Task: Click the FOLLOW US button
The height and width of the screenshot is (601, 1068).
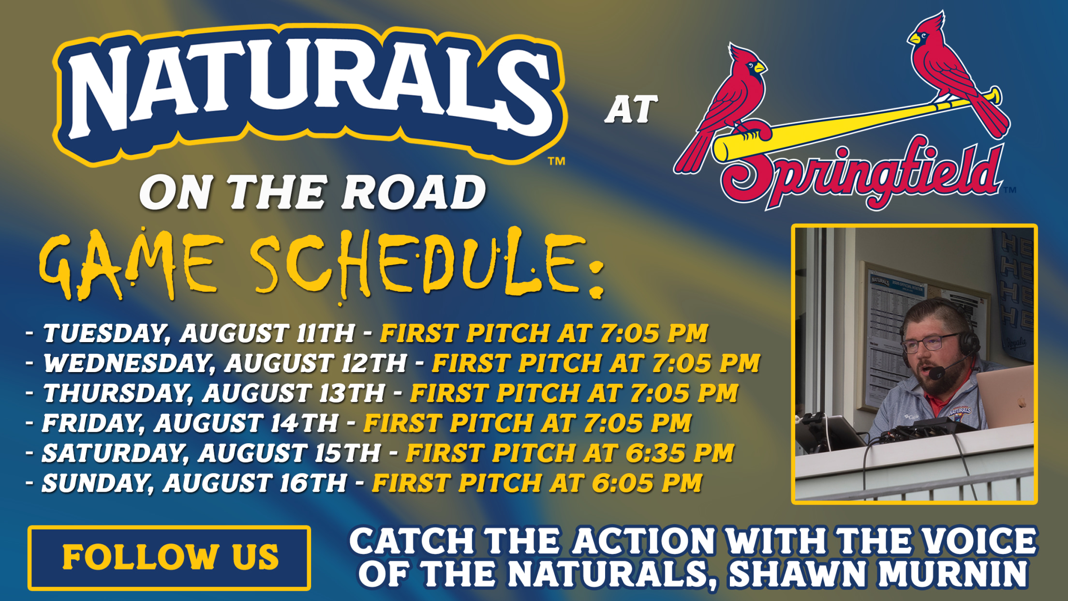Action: pos(169,557)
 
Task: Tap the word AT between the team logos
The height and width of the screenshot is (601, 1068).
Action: pos(631,110)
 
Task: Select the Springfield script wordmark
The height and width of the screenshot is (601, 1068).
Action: pos(861,174)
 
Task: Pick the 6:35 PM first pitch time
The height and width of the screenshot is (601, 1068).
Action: pos(680,453)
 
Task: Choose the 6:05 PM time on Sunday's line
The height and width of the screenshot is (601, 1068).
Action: pos(647,483)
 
